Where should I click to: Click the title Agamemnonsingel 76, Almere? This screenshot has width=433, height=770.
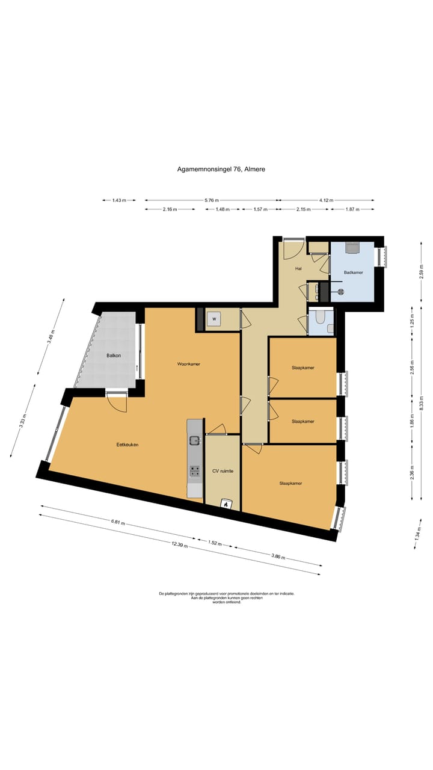pos(221,169)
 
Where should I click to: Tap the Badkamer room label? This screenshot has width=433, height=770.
pos(353,273)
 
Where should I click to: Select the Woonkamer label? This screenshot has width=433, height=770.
pos(189,364)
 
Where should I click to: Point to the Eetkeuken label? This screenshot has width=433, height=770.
pos(127,445)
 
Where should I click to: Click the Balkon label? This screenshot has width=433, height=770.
pos(114,356)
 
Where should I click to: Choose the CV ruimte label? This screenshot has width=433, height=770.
pos(223,471)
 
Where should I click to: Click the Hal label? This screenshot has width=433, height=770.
pos(298,269)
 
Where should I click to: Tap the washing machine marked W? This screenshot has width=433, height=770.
pos(215,319)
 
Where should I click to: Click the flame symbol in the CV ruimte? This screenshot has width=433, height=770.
pos(226,504)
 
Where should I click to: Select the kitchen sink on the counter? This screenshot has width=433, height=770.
pos(194,440)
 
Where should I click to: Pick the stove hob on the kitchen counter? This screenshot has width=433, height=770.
pos(195,471)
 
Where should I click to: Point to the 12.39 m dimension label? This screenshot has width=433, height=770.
pos(180,544)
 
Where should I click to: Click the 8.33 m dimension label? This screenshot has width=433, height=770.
pos(422,402)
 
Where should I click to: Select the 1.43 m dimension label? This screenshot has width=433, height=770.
pos(119,200)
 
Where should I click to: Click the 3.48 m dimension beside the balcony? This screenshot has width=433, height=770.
pos(51,337)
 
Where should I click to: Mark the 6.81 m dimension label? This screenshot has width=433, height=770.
pos(117,522)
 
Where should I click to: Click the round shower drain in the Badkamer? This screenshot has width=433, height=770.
pos(340,292)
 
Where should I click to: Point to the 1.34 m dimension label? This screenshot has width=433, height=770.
pos(417,534)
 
